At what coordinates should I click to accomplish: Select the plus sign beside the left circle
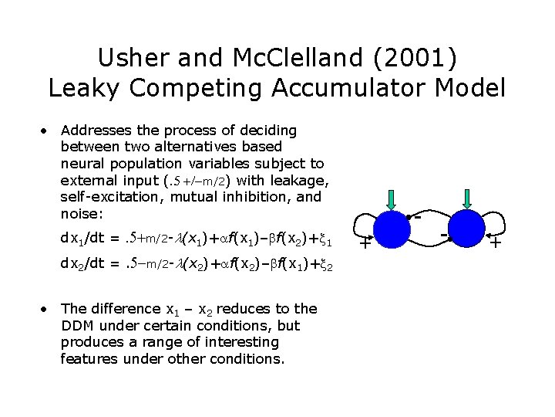tap(366, 242)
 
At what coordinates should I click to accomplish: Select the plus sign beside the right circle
tap(496, 242)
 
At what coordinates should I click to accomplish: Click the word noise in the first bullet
tap(79, 213)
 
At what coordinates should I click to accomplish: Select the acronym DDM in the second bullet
tap(77, 325)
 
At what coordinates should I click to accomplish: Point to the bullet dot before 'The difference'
tap(46, 309)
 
